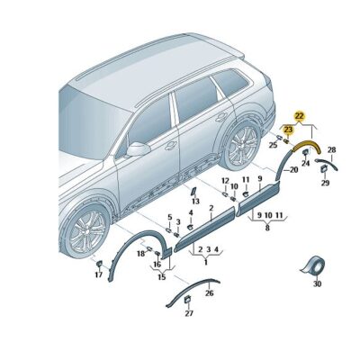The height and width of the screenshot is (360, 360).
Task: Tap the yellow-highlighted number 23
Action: (x=288, y=130)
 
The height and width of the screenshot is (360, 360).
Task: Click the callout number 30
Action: (x=316, y=284)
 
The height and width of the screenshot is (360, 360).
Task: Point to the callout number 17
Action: (x=99, y=275)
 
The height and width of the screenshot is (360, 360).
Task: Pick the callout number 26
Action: (x=210, y=292)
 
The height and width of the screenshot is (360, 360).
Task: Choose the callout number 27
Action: (x=189, y=313)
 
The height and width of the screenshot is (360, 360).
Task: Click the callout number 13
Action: (x=194, y=202)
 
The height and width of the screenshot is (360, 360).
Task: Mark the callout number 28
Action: (x=331, y=149)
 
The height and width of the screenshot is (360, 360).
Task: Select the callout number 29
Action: (x=325, y=183)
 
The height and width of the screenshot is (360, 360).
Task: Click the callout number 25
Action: (x=273, y=144)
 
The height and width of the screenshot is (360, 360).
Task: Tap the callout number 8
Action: (x=266, y=229)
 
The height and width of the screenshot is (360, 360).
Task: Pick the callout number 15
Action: (x=162, y=277)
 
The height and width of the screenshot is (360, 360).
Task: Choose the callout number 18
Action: (x=141, y=255)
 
